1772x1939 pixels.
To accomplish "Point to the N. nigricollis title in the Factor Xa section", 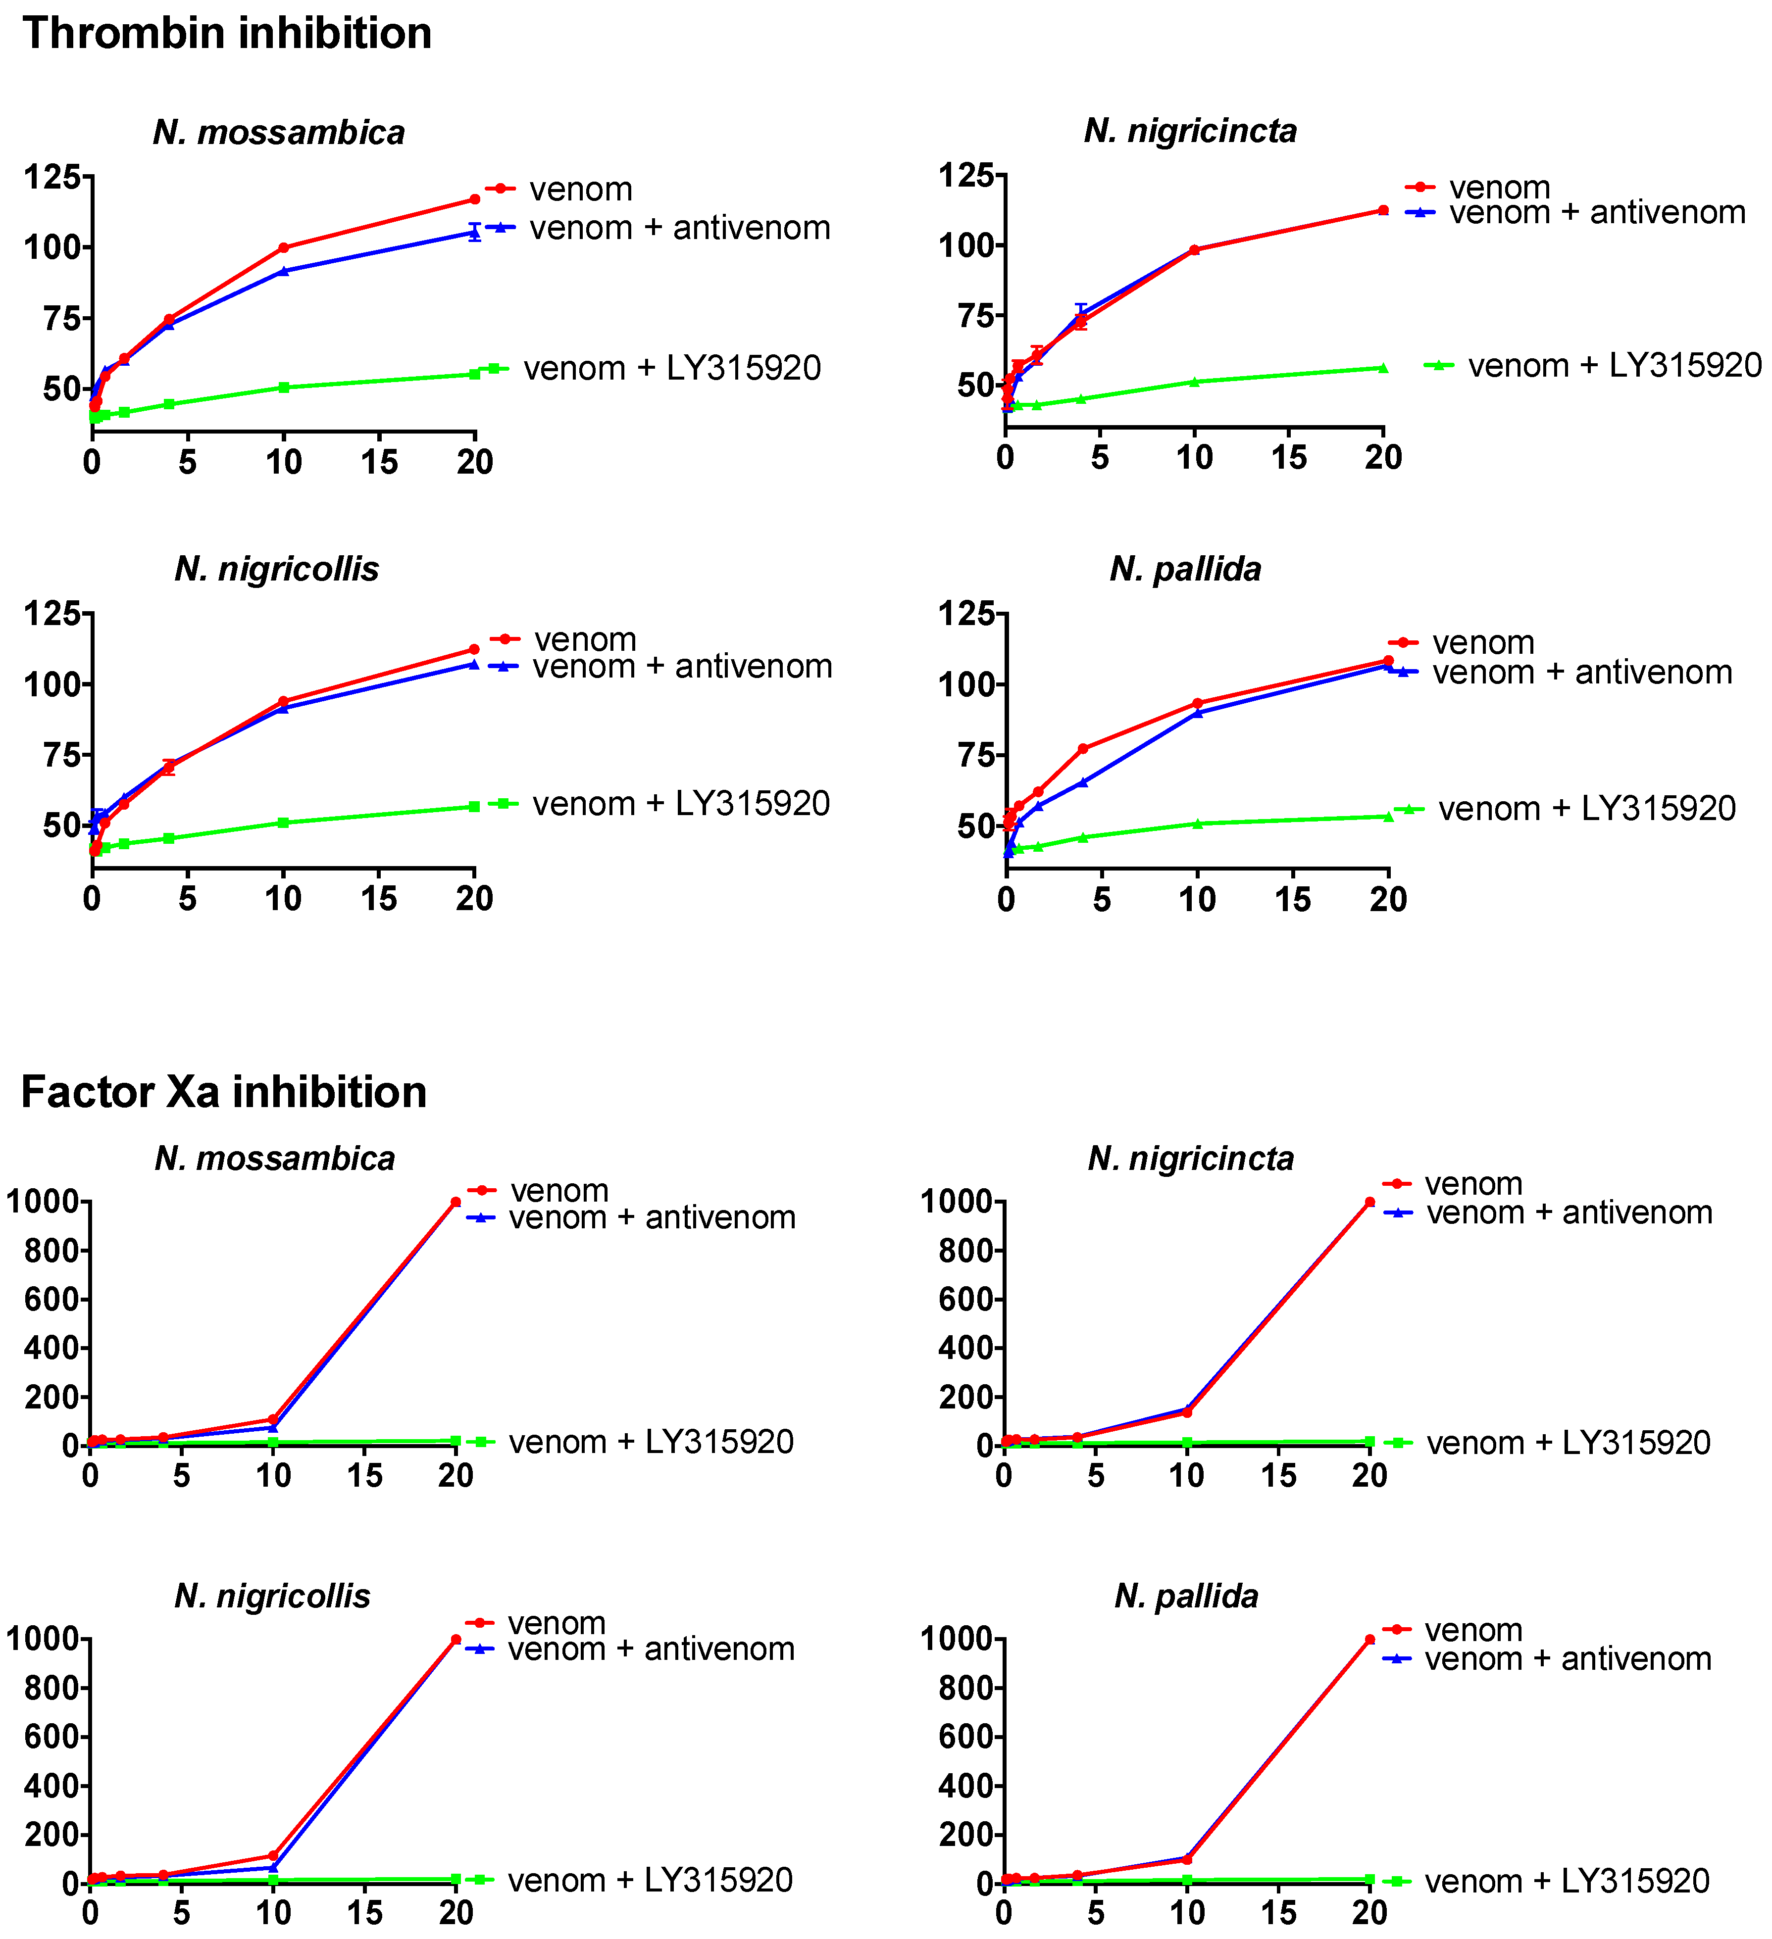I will pos(272,1596).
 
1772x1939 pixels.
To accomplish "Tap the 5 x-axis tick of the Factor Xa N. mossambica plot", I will pos(182,1476).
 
